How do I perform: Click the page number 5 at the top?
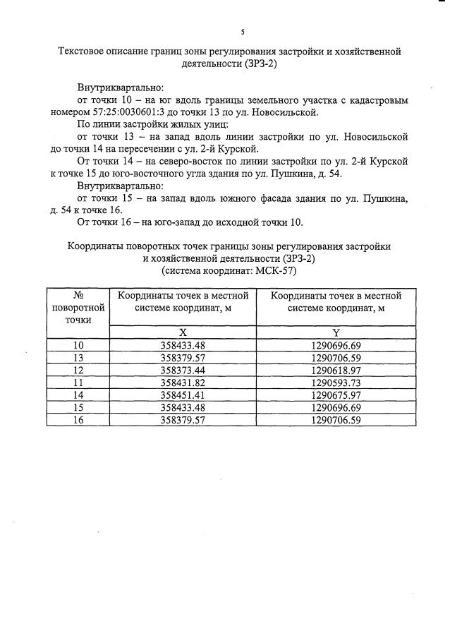click(242, 32)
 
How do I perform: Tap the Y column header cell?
click(336, 332)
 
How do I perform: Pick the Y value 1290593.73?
click(336, 383)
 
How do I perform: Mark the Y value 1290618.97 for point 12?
click(336, 370)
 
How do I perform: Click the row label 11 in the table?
click(79, 383)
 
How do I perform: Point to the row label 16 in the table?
click(79, 420)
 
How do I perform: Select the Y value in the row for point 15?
click(336, 407)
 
